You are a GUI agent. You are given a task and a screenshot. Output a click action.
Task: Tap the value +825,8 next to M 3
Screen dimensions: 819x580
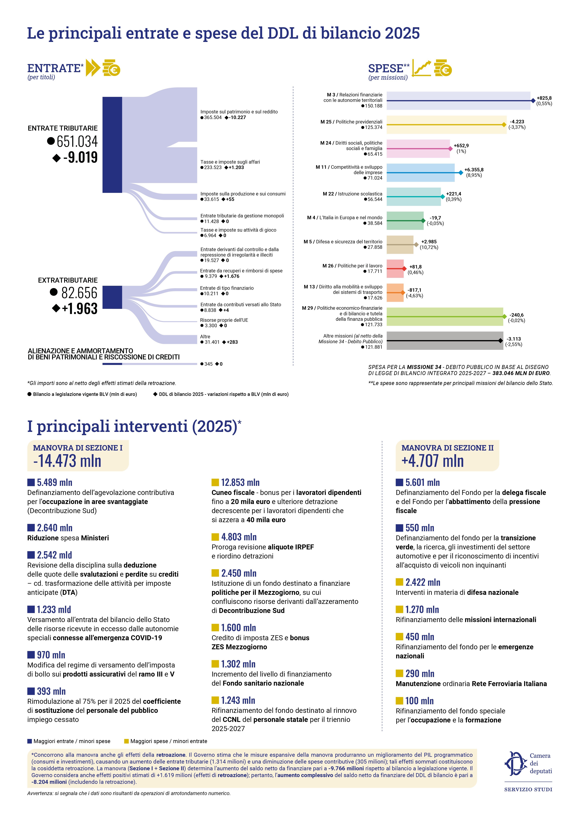click(x=544, y=98)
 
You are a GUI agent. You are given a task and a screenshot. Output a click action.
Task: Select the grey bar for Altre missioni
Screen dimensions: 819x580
click(x=445, y=341)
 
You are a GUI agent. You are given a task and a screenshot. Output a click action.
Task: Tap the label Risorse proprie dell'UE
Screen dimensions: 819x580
click(x=224, y=320)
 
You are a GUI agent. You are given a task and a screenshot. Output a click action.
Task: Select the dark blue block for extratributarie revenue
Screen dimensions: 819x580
click(x=112, y=297)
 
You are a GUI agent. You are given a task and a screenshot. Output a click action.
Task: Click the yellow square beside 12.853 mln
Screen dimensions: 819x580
click(x=215, y=483)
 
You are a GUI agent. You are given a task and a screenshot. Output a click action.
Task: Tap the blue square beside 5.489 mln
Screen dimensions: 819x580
click(x=31, y=483)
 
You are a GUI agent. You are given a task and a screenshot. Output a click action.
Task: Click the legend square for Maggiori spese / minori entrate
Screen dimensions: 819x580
click(x=126, y=741)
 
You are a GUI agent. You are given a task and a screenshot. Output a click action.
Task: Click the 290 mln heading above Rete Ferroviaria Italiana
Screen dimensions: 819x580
click(x=420, y=673)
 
